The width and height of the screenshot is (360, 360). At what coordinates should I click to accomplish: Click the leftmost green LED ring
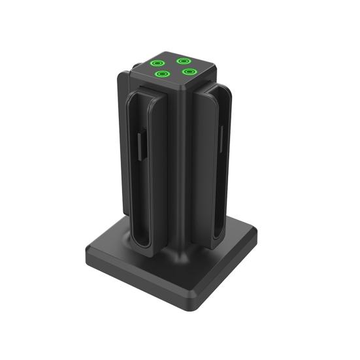click(x=157, y=64)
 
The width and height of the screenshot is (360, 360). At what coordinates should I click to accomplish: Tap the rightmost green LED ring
click(x=189, y=71)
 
